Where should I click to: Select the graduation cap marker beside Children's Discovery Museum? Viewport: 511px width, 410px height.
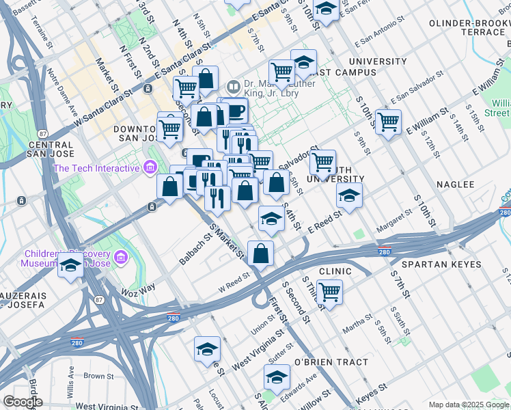(70, 266)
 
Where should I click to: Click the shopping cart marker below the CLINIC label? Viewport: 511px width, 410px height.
(329, 292)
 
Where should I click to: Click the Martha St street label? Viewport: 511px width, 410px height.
(357, 329)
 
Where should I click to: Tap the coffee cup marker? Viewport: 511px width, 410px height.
(236, 110)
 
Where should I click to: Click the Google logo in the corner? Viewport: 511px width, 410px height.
(23, 402)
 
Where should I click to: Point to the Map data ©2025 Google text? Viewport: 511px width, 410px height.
(469, 405)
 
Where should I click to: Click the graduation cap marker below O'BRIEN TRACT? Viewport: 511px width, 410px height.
(277, 377)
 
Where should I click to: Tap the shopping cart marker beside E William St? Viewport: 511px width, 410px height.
(388, 122)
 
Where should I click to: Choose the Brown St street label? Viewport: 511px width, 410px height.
(99, 376)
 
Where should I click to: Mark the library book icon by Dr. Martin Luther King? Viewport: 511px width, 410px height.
(233, 87)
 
